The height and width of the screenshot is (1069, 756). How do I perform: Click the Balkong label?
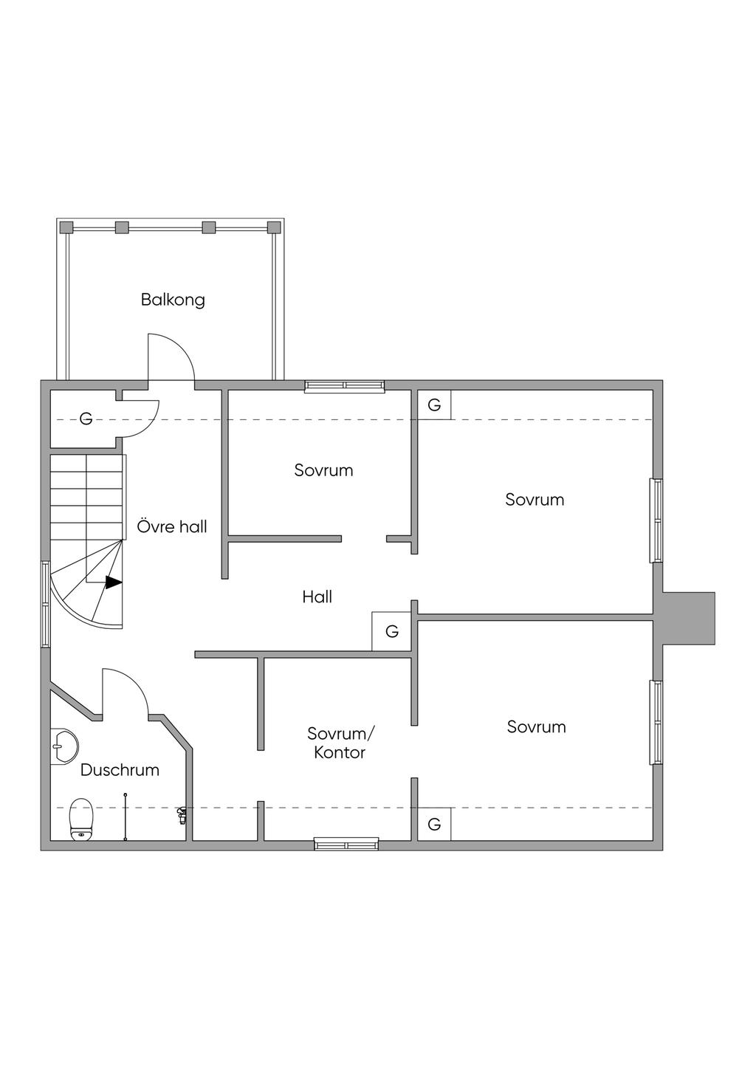point(173,300)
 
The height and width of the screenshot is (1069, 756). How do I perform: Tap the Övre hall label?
point(172,526)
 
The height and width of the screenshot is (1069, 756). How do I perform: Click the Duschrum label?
point(120,770)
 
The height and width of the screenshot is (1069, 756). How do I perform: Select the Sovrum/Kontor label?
point(340,743)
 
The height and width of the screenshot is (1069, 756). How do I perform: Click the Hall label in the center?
point(317,597)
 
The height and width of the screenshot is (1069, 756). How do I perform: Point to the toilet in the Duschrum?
point(81,819)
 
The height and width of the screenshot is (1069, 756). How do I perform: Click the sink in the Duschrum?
point(64,746)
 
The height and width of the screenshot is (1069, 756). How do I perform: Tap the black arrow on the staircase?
point(113,582)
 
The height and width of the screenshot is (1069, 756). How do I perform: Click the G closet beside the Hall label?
point(391,632)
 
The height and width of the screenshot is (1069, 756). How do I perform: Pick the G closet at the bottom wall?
point(434,824)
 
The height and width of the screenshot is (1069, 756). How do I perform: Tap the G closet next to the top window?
point(434,405)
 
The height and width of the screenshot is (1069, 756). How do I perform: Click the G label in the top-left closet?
point(86,419)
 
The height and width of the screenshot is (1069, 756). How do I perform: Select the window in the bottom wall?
point(346,844)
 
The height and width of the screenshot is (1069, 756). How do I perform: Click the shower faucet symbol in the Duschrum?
point(181,815)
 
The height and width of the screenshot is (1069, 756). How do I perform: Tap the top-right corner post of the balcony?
point(275,227)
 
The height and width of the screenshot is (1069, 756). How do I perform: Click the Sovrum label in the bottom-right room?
point(536,726)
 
